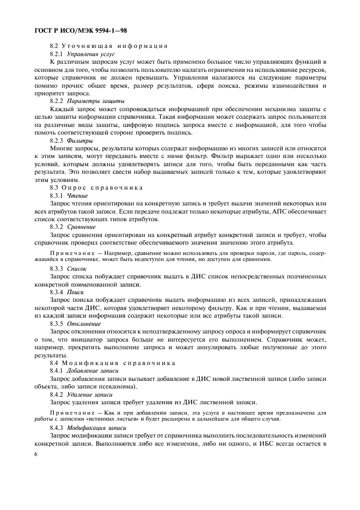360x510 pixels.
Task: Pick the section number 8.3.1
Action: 57,195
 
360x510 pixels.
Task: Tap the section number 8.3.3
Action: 57,269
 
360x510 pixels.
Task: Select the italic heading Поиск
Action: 76,292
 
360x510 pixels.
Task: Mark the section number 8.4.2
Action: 57,393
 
